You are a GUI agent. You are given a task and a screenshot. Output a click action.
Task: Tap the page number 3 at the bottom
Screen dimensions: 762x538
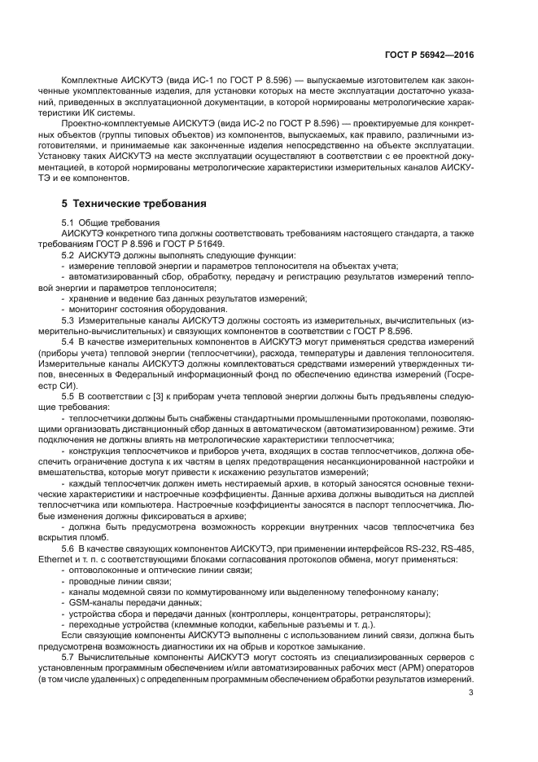tap(471, 694)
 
